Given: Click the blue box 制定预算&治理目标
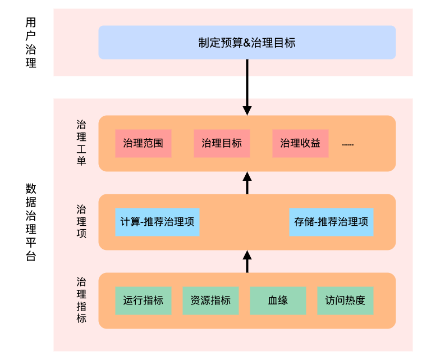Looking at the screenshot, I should click(247, 42).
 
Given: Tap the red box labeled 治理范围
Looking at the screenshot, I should click(143, 143).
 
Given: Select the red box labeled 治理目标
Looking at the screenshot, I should click(222, 143).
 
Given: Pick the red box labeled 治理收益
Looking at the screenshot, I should click(300, 143).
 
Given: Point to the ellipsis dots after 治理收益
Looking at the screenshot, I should click(348, 144).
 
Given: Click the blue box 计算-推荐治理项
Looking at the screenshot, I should click(157, 222).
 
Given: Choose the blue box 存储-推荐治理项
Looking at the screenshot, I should click(332, 222).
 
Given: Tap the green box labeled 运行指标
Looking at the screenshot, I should click(143, 300).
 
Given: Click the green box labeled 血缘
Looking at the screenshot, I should click(278, 300).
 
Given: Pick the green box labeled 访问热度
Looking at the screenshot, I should click(345, 300).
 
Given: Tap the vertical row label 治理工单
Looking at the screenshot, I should click(81, 143).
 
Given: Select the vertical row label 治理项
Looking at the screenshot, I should click(81, 221).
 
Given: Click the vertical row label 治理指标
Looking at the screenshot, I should click(81, 300).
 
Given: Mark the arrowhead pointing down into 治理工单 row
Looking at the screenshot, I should click(247, 110).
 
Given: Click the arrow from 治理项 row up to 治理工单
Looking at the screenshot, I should click(247, 183).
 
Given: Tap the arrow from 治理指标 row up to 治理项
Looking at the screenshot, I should click(247, 261).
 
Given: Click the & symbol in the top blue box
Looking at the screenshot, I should click(246, 43).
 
